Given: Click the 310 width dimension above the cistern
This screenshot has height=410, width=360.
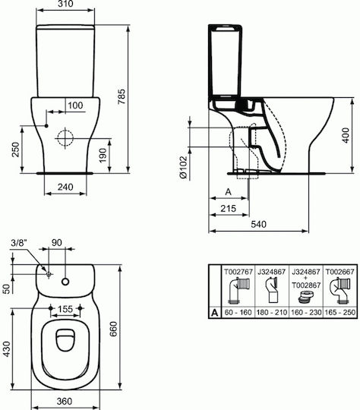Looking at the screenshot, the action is pyautogui.click(x=65, y=4).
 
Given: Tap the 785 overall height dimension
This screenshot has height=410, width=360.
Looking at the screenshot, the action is pyautogui.click(x=122, y=96).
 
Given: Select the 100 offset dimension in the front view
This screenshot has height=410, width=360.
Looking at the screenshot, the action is pyautogui.click(x=75, y=106).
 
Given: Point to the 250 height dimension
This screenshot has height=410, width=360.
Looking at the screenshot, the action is pyautogui.click(x=15, y=150).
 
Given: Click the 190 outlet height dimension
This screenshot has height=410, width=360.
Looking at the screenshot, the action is pyautogui.click(x=103, y=156).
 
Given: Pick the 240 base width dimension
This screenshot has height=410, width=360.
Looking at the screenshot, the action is pyautogui.click(x=65, y=187).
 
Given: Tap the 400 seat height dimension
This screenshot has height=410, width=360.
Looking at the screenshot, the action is pyautogui.click(x=346, y=135).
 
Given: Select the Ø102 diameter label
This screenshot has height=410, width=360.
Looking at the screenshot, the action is pyautogui.click(x=184, y=167).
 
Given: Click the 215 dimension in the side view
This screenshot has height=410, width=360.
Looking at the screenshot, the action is pyautogui.click(x=229, y=208).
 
